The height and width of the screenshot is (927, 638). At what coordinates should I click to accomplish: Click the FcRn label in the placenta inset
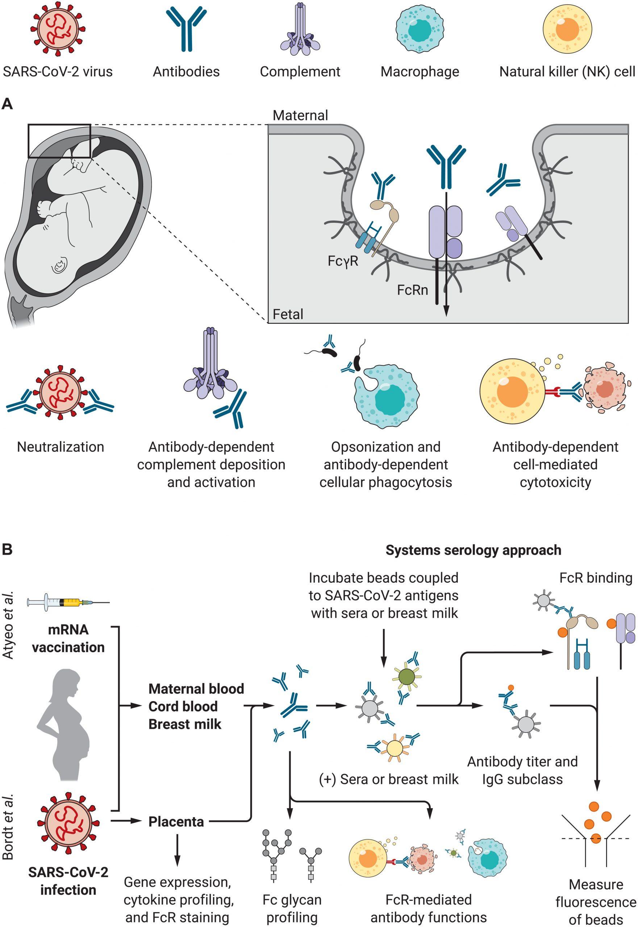pyautogui.click(x=412, y=290)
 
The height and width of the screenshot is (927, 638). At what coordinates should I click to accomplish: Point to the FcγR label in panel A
pyautogui.click(x=343, y=261)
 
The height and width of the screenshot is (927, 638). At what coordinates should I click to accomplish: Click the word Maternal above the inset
pyautogui.click(x=300, y=116)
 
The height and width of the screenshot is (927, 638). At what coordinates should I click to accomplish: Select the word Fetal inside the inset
pyautogui.click(x=288, y=314)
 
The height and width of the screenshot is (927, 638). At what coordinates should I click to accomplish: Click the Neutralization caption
pyautogui.click(x=61, y=447)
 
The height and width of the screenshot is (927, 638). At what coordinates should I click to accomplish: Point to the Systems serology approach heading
pyautogui.click(x=473, y=550)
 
